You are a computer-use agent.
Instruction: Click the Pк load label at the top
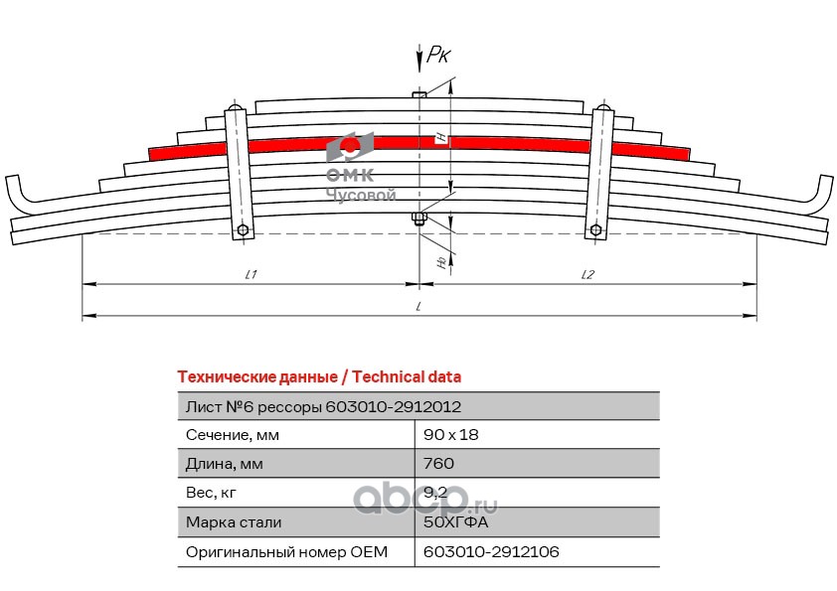click(x=437, y=56)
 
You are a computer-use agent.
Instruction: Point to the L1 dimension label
click(x=251, y=274)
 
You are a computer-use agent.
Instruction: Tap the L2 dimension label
click(x=587, y=274)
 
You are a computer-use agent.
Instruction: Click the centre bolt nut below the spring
click(x=418, y=220)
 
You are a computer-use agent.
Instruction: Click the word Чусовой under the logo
click(x=362, y=197)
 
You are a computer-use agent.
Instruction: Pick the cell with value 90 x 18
click(x=451, y=435)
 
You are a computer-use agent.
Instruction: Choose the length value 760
click(x=438, y=464)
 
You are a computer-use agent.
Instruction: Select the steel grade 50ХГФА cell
click(x=456, y=521)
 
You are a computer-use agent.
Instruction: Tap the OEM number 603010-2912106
click(x=484, y=551)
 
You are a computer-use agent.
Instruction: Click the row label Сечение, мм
click(x=233, y=435)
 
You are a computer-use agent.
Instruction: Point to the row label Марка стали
click(x=234, y=521)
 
